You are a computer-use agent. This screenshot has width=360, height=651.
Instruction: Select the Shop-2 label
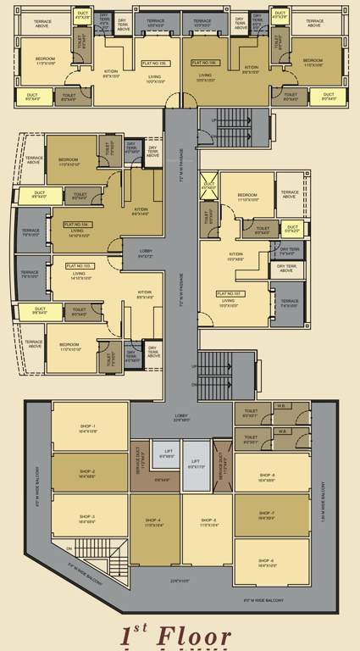pos(88,471)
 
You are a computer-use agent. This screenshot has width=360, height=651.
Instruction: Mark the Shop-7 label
pos(267,514)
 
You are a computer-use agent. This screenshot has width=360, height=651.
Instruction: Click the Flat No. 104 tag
pos(78,225)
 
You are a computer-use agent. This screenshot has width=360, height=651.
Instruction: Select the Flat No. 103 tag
pos(80,265)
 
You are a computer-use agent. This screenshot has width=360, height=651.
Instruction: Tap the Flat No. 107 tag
pos(230,293)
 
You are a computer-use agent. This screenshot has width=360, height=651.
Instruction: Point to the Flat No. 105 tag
pos(154,62)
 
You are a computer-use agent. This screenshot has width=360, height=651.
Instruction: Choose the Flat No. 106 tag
pos(205,62)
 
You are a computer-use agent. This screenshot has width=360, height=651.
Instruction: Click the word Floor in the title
pos(197,637)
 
